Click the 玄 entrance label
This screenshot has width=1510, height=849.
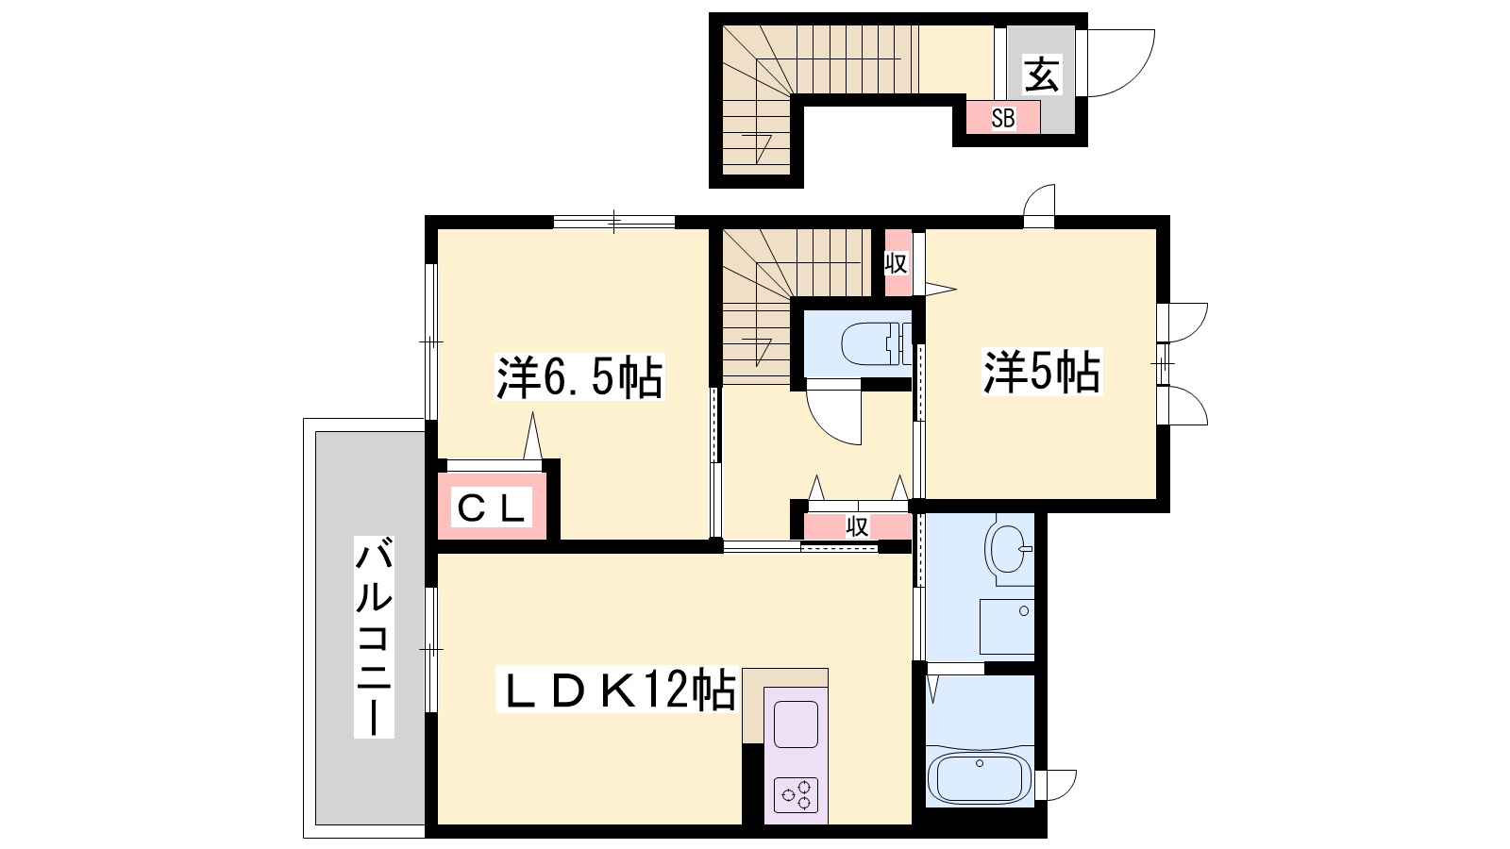coord(1042,75)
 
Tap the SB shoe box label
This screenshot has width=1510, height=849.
coord(1003,119)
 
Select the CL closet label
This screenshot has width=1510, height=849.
coord(492,508)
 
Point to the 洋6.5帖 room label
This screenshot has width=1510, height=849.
coord(579,376)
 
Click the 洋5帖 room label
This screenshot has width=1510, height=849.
coord(1042,371)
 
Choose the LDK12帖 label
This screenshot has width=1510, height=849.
coord(615,690)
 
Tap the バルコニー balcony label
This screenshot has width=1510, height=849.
coord(374,637)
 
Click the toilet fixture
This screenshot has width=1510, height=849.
coord(876,343)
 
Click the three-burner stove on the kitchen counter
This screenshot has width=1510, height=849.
coord(797,795)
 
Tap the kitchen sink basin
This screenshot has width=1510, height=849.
coord(797,724)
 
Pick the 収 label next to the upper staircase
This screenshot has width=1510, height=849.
coord(897,263)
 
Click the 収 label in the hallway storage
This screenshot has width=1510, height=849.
coord(857,526)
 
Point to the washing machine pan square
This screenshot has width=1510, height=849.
coord(1007,626)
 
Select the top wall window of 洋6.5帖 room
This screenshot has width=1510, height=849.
coord(614,222)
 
